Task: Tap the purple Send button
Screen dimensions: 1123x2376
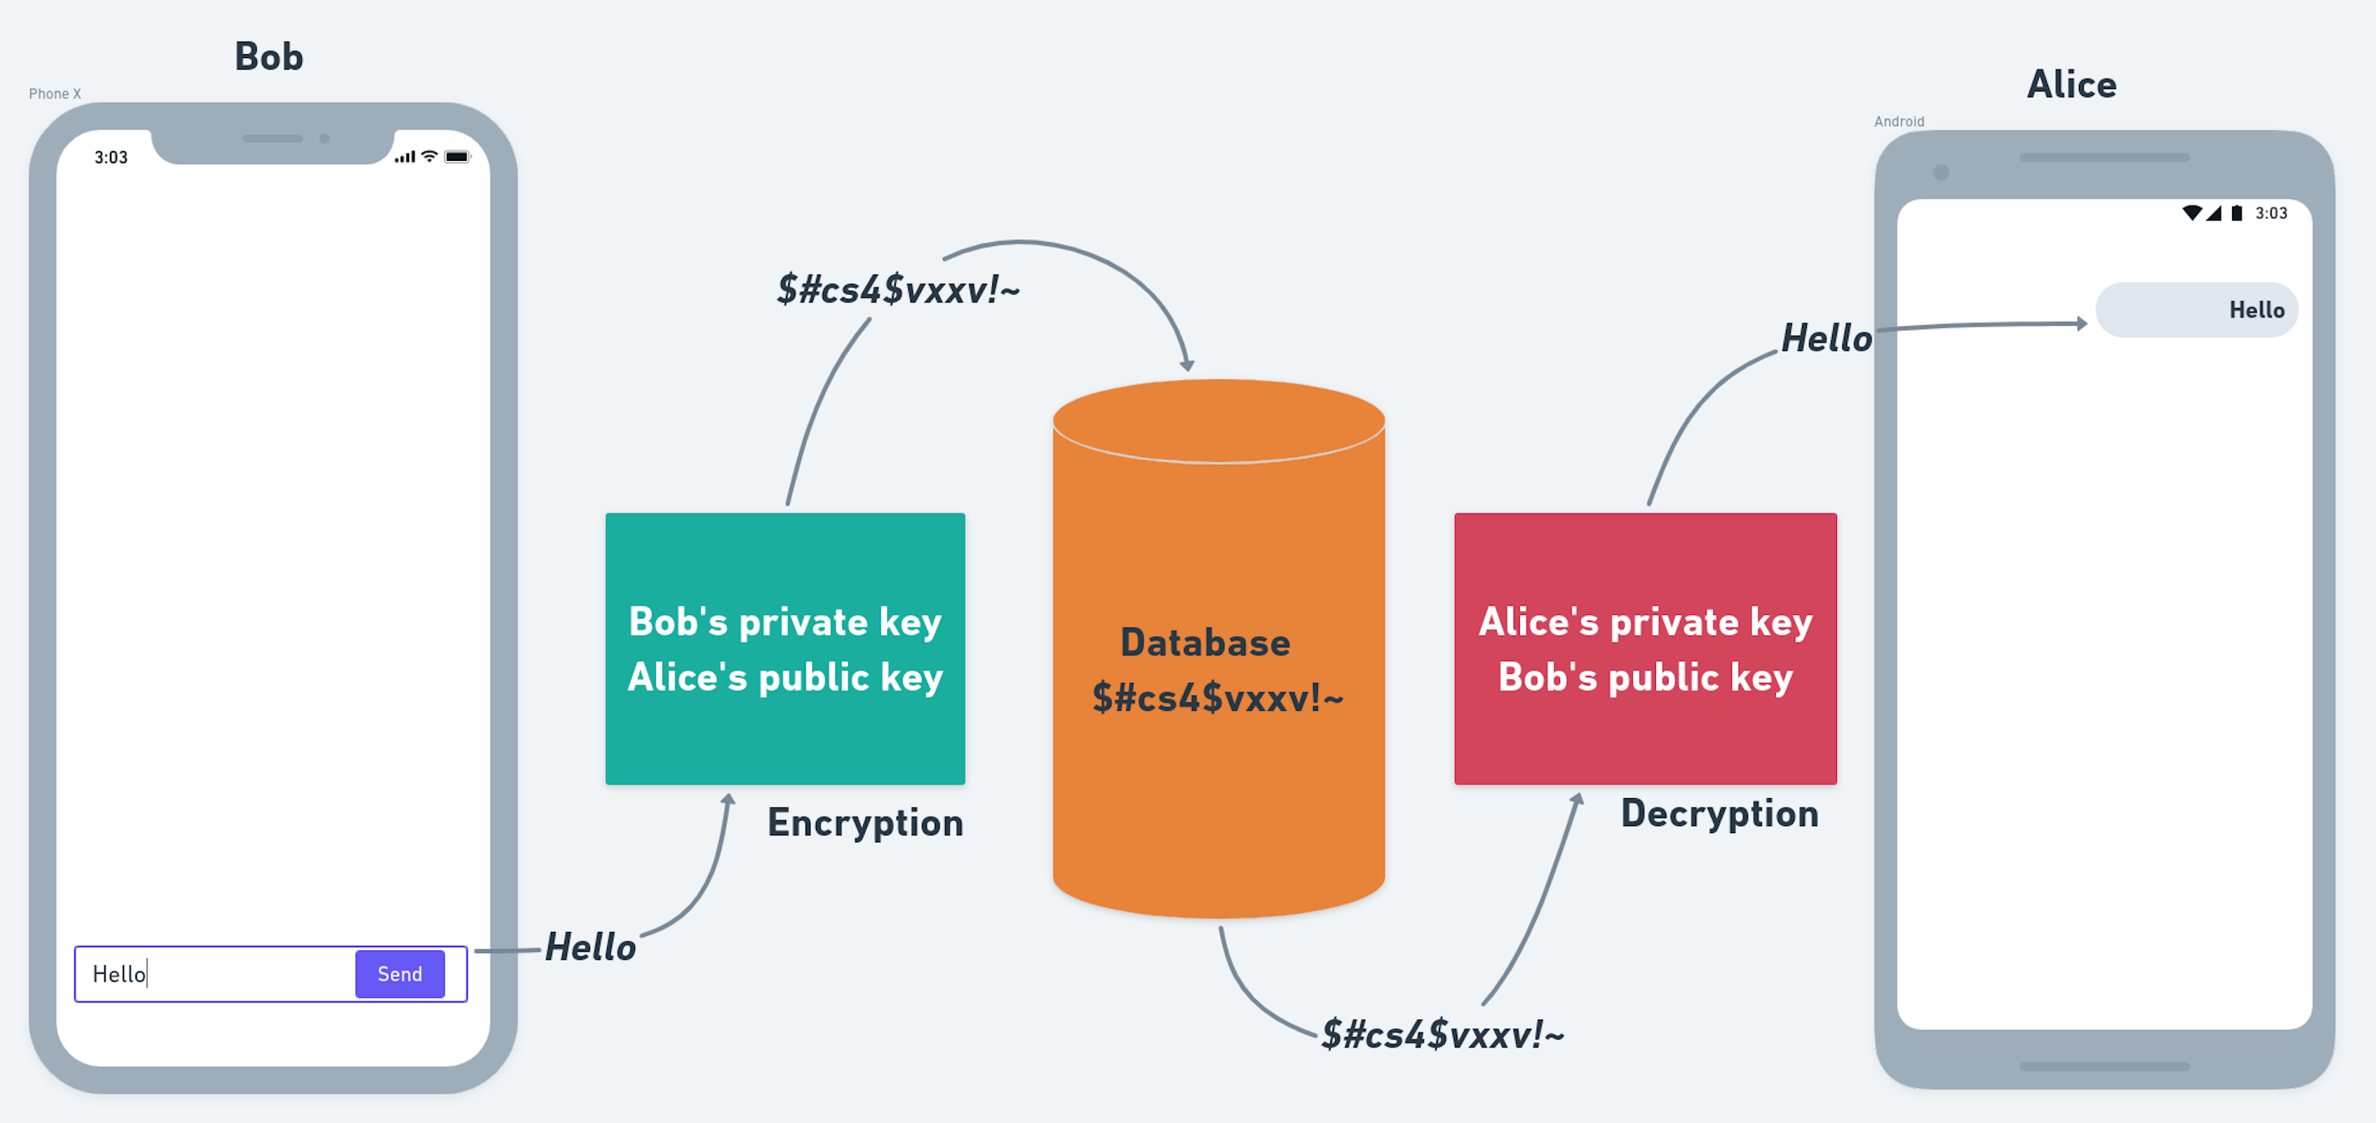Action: pyautogui.click(x=399, y=974)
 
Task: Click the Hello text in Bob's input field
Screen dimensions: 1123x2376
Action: pyautogui.click(x=119, y=975)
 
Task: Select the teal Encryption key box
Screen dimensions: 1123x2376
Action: pyautogui.click(x=785, y=648)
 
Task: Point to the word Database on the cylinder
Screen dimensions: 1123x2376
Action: pyautogui.click(x=1204, y=643)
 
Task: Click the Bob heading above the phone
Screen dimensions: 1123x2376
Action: pyautogui.click(x=268, y=57)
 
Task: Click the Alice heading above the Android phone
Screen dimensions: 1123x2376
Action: pyautogui.click(x=2070, y=85)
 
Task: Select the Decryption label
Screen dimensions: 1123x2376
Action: pyautogui.click(x=1719, y=813)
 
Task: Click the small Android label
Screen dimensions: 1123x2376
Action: pyautogui.click(x=1898, y=121)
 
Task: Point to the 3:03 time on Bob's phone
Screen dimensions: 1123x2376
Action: pyautogui.click(x=111, y=158)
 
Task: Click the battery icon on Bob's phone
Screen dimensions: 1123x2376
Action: pyautogui.click(x=456, y=157)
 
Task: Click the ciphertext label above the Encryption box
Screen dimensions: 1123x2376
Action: pyautogui.click(x=897, y=289)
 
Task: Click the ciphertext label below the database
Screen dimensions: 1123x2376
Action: pyautogui.click(x=1442, y=1035)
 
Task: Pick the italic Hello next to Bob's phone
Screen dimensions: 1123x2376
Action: pyautogui.click(x=590, y=947)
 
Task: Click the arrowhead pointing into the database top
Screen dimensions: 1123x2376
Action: pyautogui.click(x=1187, y=365)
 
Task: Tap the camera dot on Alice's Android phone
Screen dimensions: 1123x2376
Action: pyautogui.click(x=1941, y=172)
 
